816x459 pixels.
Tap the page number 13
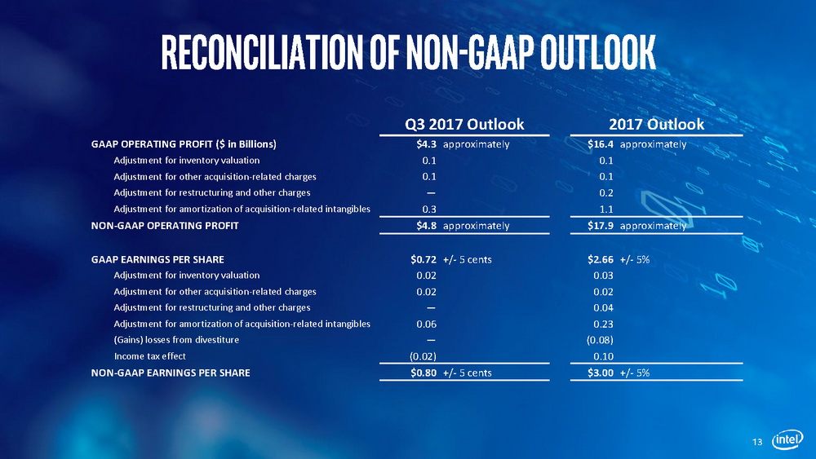point(757,442)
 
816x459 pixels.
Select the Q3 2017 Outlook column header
point(464,124)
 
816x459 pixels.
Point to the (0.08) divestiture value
point(600,339)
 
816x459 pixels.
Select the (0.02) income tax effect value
point(422,356)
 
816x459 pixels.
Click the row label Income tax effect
point(149,356)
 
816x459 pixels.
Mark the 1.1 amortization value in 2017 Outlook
point(605,210)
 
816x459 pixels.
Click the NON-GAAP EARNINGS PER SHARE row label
point(171,373)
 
